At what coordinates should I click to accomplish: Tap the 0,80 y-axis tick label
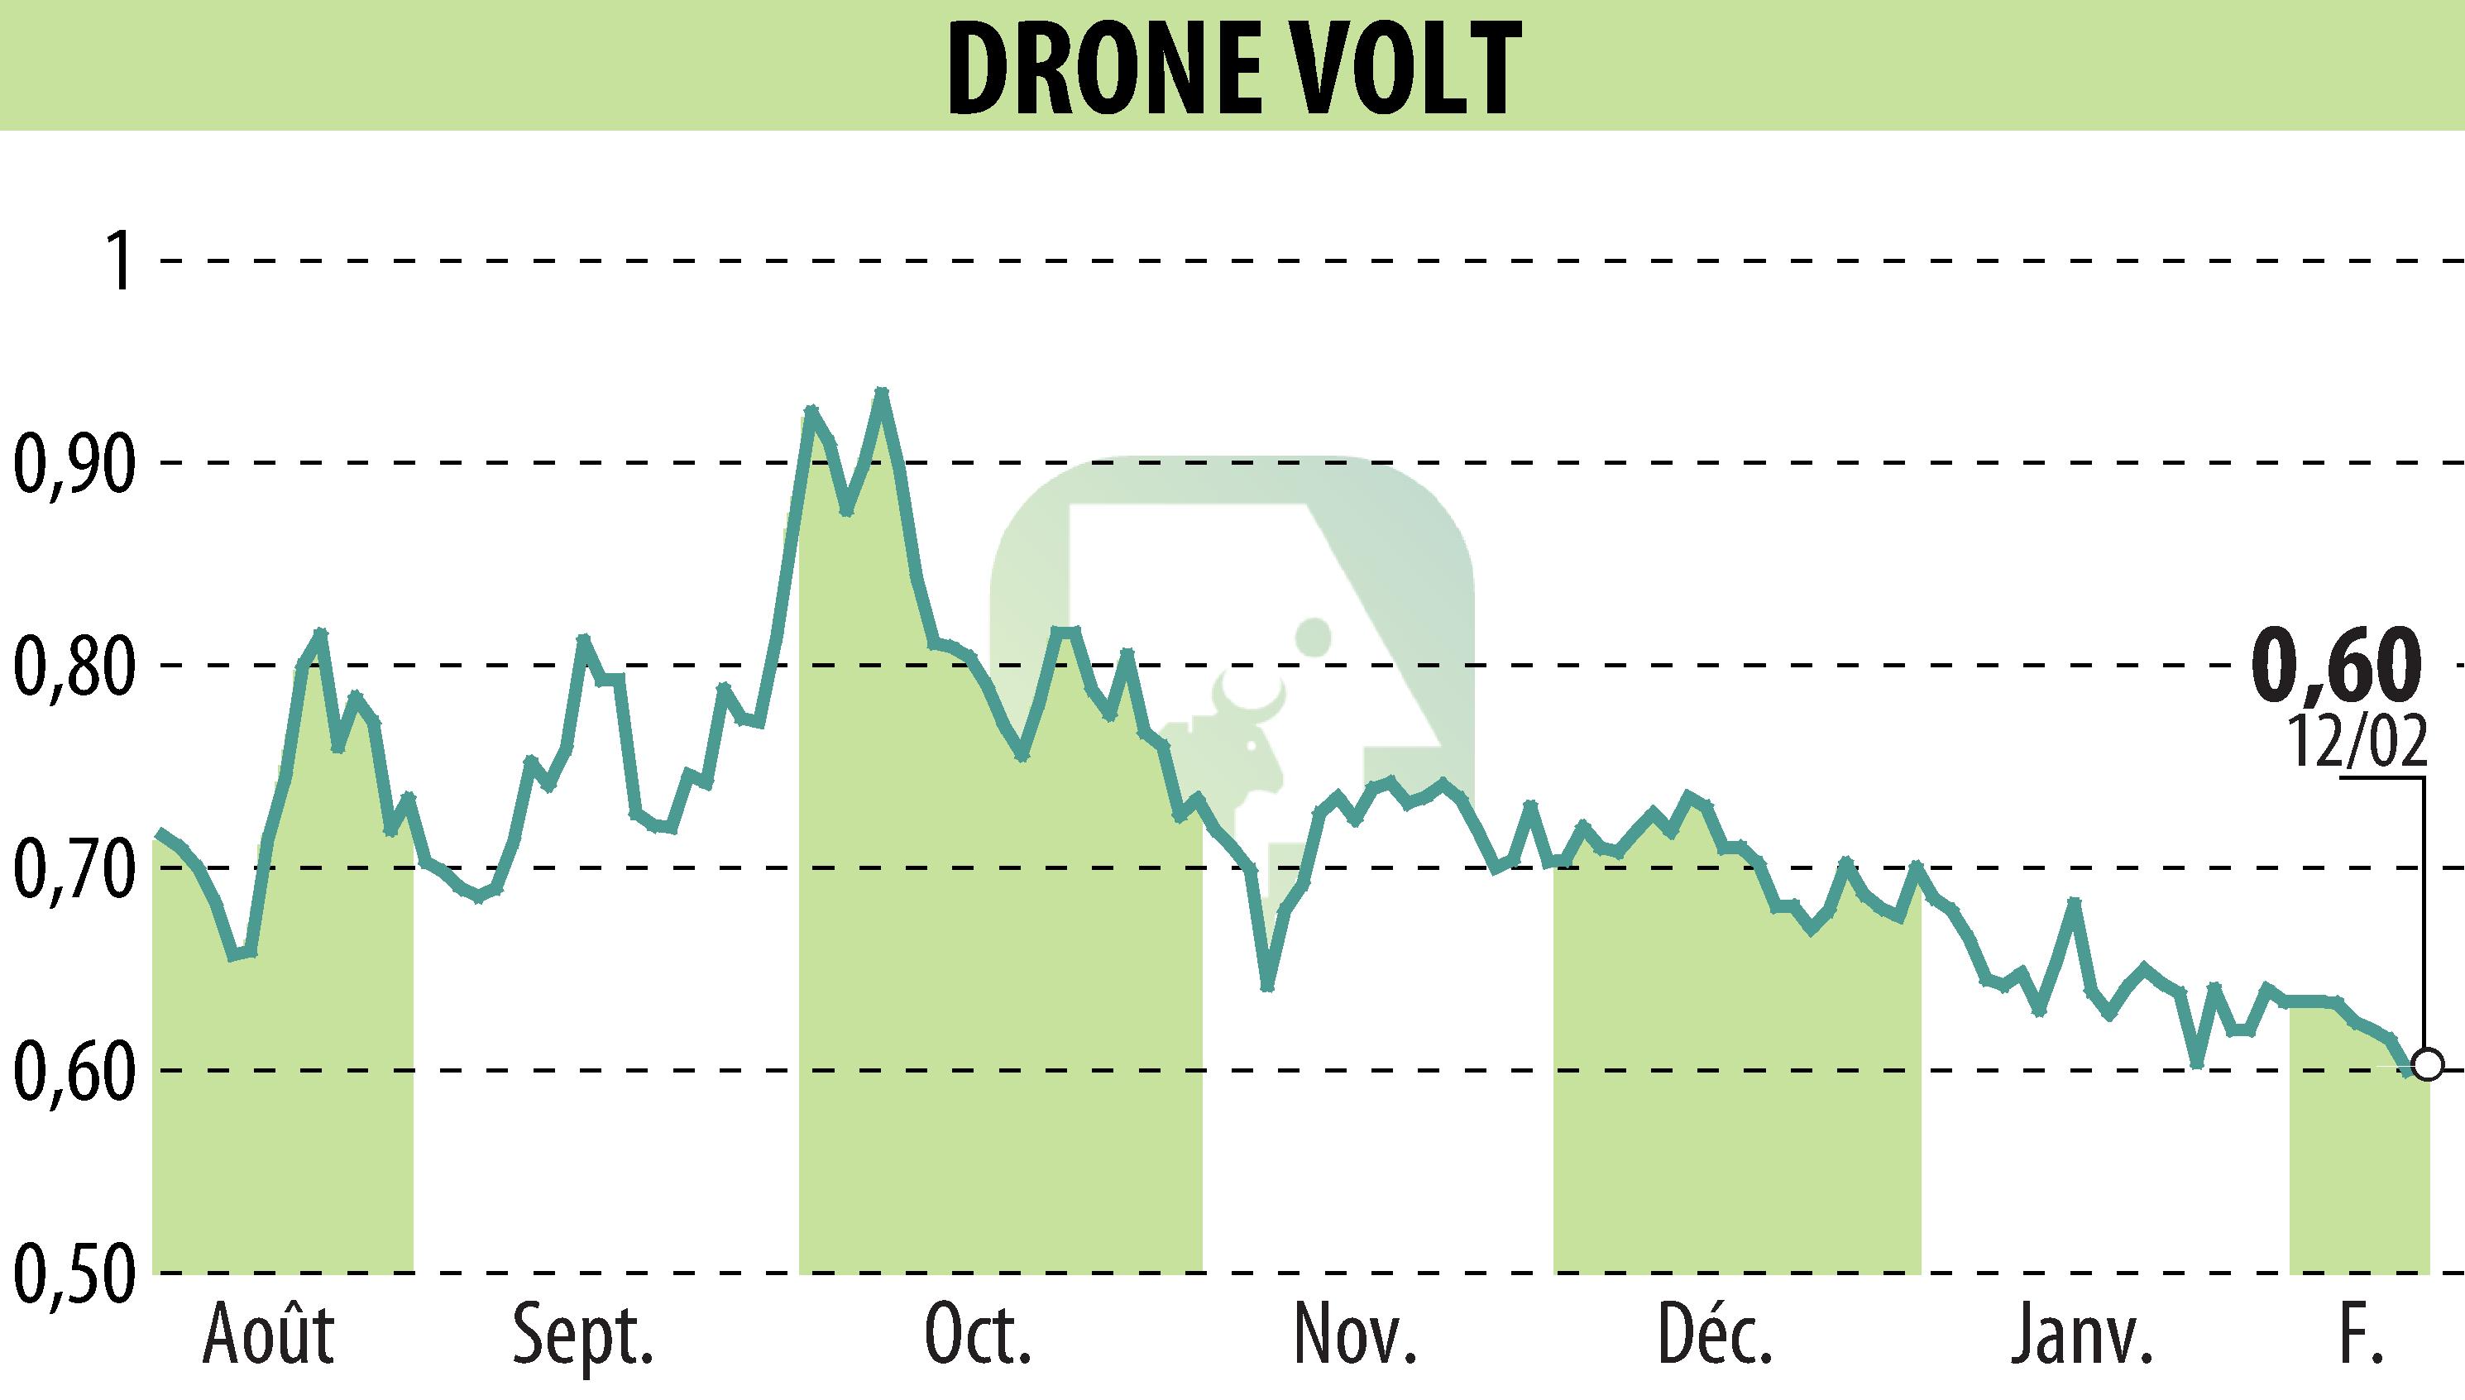pyautogui.click(x=72, y=666)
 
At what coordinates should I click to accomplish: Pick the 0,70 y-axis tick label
pyautogui.click(x=72, y=867)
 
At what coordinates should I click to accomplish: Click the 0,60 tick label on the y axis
pyautogui.click(x=72, y=1069)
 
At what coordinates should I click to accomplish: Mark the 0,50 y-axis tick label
pyautogui.click(x=72, y=1271)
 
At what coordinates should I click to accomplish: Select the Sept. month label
pyautogui.click(x=584, y=1335)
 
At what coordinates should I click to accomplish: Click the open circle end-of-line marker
pyautogui.click(x=2428, y=1067)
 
